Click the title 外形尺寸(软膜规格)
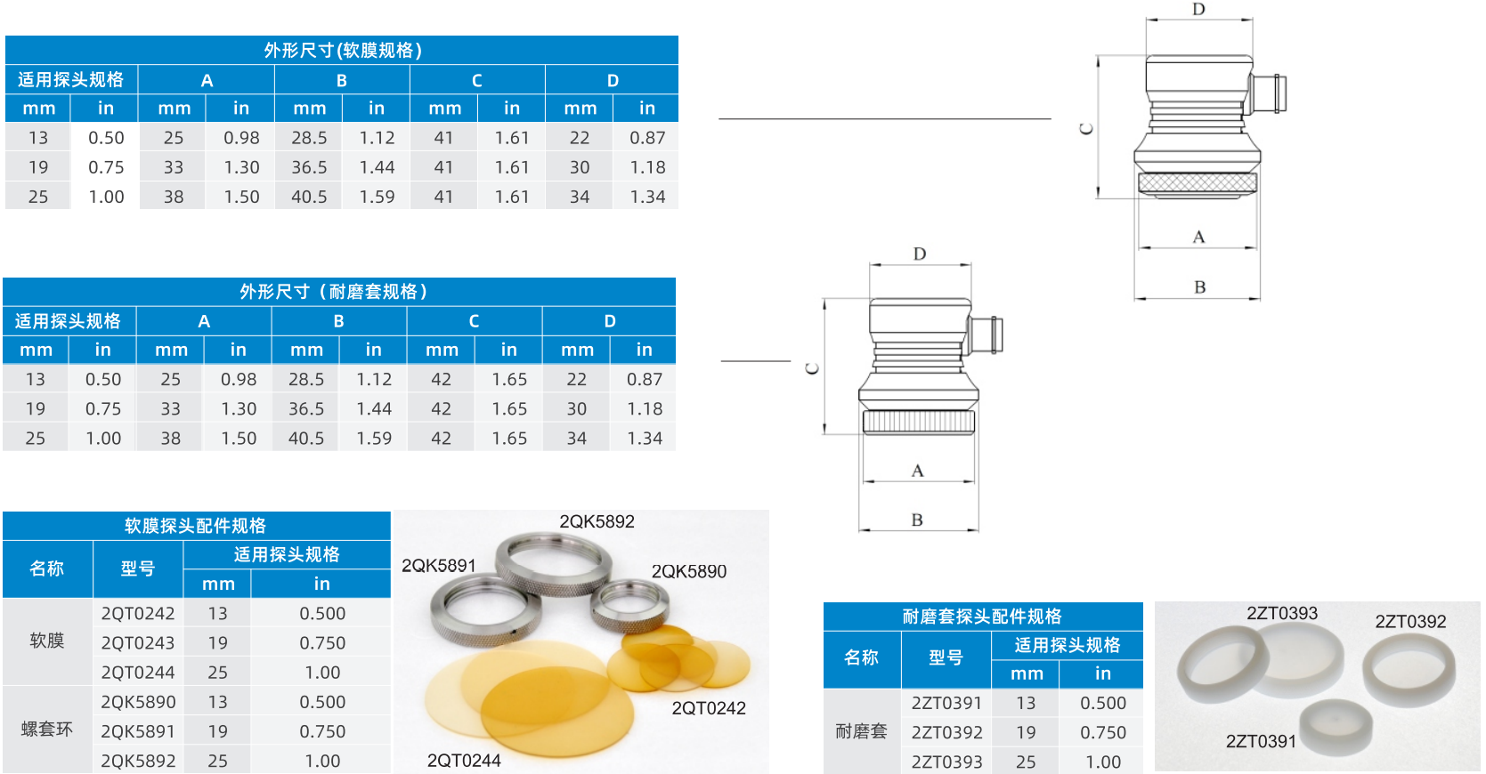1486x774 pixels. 342,51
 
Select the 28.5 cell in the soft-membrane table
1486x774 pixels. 309,138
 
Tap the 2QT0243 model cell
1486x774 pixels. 138,643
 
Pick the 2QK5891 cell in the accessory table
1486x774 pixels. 138,731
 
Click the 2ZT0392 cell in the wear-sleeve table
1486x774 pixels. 946,733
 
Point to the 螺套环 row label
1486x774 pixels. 47,730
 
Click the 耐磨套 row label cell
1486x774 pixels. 861,731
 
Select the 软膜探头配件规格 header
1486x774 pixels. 196,526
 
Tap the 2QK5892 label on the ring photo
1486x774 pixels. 597,522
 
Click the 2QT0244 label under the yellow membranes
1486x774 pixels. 464,761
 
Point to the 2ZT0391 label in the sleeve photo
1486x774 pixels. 1261,742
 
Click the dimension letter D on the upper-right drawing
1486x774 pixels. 1198,10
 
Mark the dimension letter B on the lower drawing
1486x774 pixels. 917,520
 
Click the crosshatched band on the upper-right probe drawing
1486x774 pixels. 1198,183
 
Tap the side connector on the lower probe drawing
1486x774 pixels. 987,335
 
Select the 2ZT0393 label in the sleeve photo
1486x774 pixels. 1281,614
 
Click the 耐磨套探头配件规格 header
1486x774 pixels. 982,617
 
